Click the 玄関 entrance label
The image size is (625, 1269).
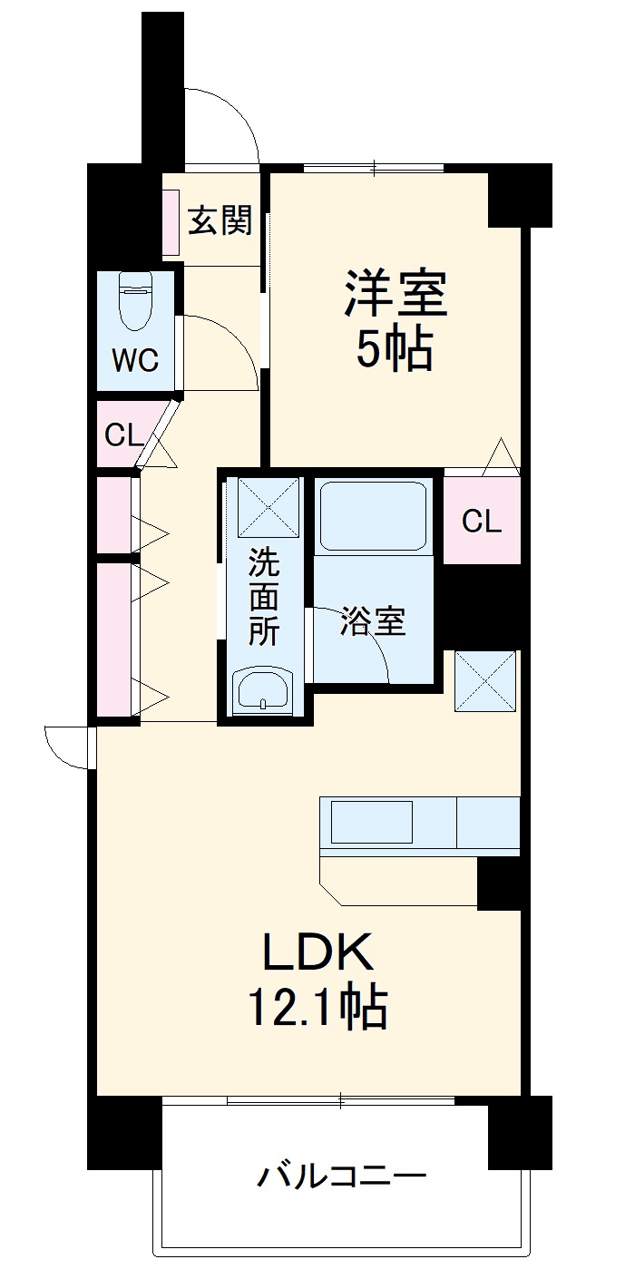[220, 220]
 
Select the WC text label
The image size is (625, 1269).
[135, 360]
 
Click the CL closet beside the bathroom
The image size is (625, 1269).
[481, 521]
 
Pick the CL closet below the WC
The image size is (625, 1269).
[124, 435]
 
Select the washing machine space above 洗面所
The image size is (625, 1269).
[268, 509]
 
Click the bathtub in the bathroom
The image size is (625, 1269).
[373, 514]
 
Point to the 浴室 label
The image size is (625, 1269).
[372, 622]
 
